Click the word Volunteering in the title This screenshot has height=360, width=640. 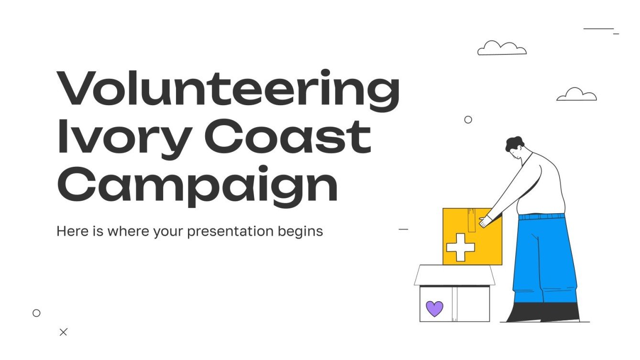click(x=228, y=91)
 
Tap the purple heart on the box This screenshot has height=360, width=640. click(x=434, y=308)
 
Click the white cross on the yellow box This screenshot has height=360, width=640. click(x=460, y=247)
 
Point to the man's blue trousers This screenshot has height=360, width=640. click(x=545, y=258)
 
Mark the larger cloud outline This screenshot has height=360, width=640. click(x=501, y=48)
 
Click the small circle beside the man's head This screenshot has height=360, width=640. click(x=468, y=120)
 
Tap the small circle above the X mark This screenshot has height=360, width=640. click(x=36, y=313)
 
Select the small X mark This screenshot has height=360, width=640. click(x=63, y=332)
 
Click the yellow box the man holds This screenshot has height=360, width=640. click(x=471, y=237)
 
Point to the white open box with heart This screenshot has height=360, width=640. click(x=454, y=296)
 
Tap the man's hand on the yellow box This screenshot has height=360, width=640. click(x=486, y=220)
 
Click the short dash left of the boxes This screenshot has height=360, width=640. click(x=403, y=229)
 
